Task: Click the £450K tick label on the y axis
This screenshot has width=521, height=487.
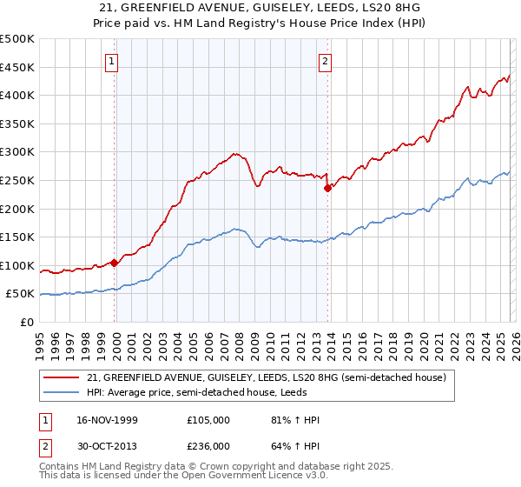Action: tap(17, 68)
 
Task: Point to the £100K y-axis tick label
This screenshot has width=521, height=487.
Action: tap(17, 266)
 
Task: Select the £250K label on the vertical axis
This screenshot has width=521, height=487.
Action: tap(17, 181)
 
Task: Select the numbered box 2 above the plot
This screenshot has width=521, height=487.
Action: tap(325, 61)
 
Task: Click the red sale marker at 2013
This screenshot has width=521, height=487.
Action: tap(327, 188)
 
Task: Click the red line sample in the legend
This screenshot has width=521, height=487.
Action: tap(63, 377)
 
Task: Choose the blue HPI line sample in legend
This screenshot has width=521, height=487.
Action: tap(63, 393)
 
